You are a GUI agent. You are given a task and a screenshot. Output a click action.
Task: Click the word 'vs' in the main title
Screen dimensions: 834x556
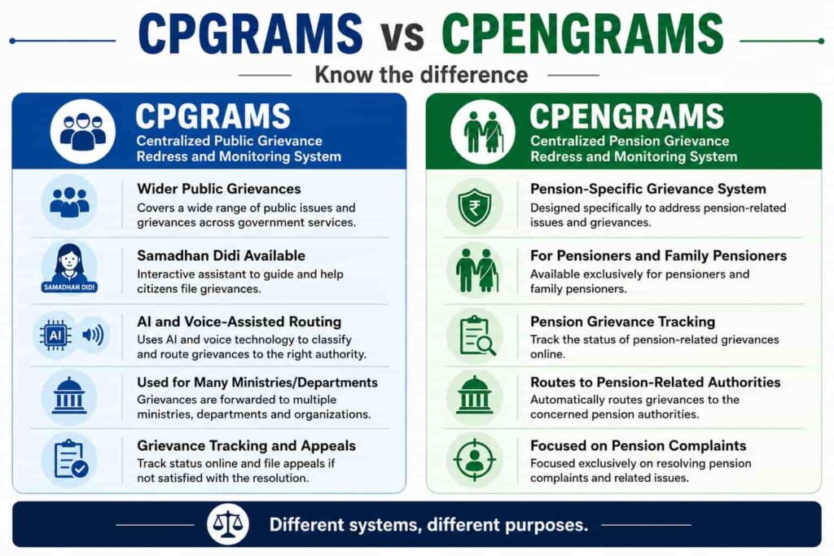[x=402, y=36]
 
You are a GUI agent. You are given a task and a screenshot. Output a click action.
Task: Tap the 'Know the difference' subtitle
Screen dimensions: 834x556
[x=421, y=74]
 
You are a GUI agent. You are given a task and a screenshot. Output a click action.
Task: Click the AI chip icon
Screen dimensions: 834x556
[x=55, y=335]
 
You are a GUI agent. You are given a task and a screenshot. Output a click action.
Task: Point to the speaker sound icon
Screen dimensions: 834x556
[x=93, y=335]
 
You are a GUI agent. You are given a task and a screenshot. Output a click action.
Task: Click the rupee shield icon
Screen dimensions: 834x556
[x=475, y=206]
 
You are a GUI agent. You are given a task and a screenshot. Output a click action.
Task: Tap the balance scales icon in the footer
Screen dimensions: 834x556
[x=228, y=524]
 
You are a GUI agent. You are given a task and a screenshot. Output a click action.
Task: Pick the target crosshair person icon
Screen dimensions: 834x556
[x=475, y=459]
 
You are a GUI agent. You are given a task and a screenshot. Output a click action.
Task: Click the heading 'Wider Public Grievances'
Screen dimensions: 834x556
[x=218, y=189]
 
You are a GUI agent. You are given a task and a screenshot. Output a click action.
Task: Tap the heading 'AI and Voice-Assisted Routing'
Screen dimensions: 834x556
[x=239, y=322]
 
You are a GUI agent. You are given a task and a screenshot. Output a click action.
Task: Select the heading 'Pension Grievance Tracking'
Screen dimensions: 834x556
[x=622, y=322]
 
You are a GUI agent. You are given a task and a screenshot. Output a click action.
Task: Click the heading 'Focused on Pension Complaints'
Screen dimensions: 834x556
[x=638, y=445]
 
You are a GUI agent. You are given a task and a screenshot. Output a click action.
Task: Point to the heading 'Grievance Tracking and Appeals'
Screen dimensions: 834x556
[x=246, y=445]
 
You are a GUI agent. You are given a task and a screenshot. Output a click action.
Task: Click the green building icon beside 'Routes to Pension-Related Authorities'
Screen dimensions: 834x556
[x=475, y=396]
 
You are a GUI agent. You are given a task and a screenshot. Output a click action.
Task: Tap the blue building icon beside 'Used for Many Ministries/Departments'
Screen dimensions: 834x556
[x=69, y=396]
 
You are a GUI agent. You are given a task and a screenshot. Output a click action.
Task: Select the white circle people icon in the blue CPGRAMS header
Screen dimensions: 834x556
[x=82, y=131]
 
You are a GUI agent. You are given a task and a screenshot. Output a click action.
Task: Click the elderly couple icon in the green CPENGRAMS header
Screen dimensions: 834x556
[x=482, y=131]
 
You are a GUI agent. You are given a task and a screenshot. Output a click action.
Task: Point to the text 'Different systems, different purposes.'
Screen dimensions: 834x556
[x=428, y=525]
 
